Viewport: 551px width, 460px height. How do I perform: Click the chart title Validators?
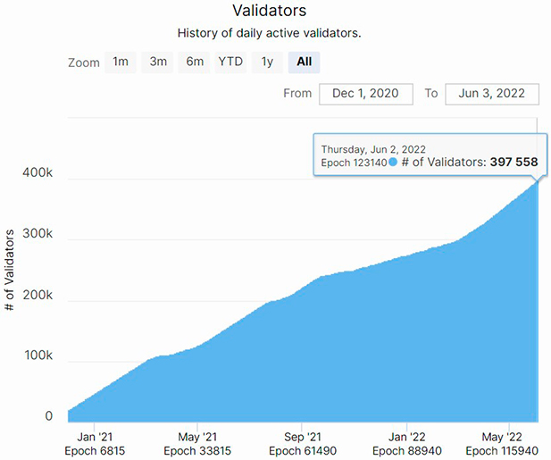(269, 11)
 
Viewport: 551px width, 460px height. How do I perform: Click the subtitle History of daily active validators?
(269, 33)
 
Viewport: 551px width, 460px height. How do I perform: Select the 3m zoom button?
(158, 63)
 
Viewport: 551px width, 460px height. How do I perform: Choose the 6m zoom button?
(195, 63)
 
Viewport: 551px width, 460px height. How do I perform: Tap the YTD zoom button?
(230, 63)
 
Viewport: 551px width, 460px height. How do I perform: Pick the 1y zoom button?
(267, 63)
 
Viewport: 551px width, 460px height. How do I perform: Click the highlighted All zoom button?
(304, 63)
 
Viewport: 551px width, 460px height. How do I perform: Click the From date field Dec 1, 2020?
(366, 94)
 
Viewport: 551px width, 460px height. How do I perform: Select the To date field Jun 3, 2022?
(492, 94)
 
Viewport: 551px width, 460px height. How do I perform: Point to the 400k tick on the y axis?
(38, 172)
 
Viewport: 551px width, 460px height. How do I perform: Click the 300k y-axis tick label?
(38, 233)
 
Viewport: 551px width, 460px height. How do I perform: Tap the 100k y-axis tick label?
(38, 355)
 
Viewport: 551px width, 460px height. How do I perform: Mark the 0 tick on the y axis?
(49, 416)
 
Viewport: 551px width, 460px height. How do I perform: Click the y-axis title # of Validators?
(10, 270)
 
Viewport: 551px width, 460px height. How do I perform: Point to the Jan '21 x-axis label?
(95, 437)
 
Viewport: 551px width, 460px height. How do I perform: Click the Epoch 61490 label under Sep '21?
(303, 451)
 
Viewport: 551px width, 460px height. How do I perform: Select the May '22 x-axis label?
(502, 437)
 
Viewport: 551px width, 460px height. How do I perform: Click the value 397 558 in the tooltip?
(513, 162)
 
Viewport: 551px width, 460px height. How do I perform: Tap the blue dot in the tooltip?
(393, 162)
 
